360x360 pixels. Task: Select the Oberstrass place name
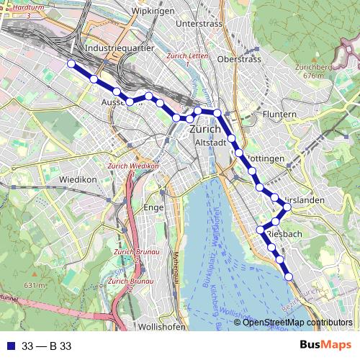point(239,59)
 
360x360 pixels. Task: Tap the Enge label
point(154,207)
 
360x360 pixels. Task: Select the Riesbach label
point(283,235)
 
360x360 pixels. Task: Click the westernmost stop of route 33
point(71,64)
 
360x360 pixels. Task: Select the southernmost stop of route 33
point(289,276)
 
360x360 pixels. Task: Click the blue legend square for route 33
point(9,346)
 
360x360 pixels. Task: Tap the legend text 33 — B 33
point(47,346)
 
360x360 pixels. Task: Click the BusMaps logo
point(325,346)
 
